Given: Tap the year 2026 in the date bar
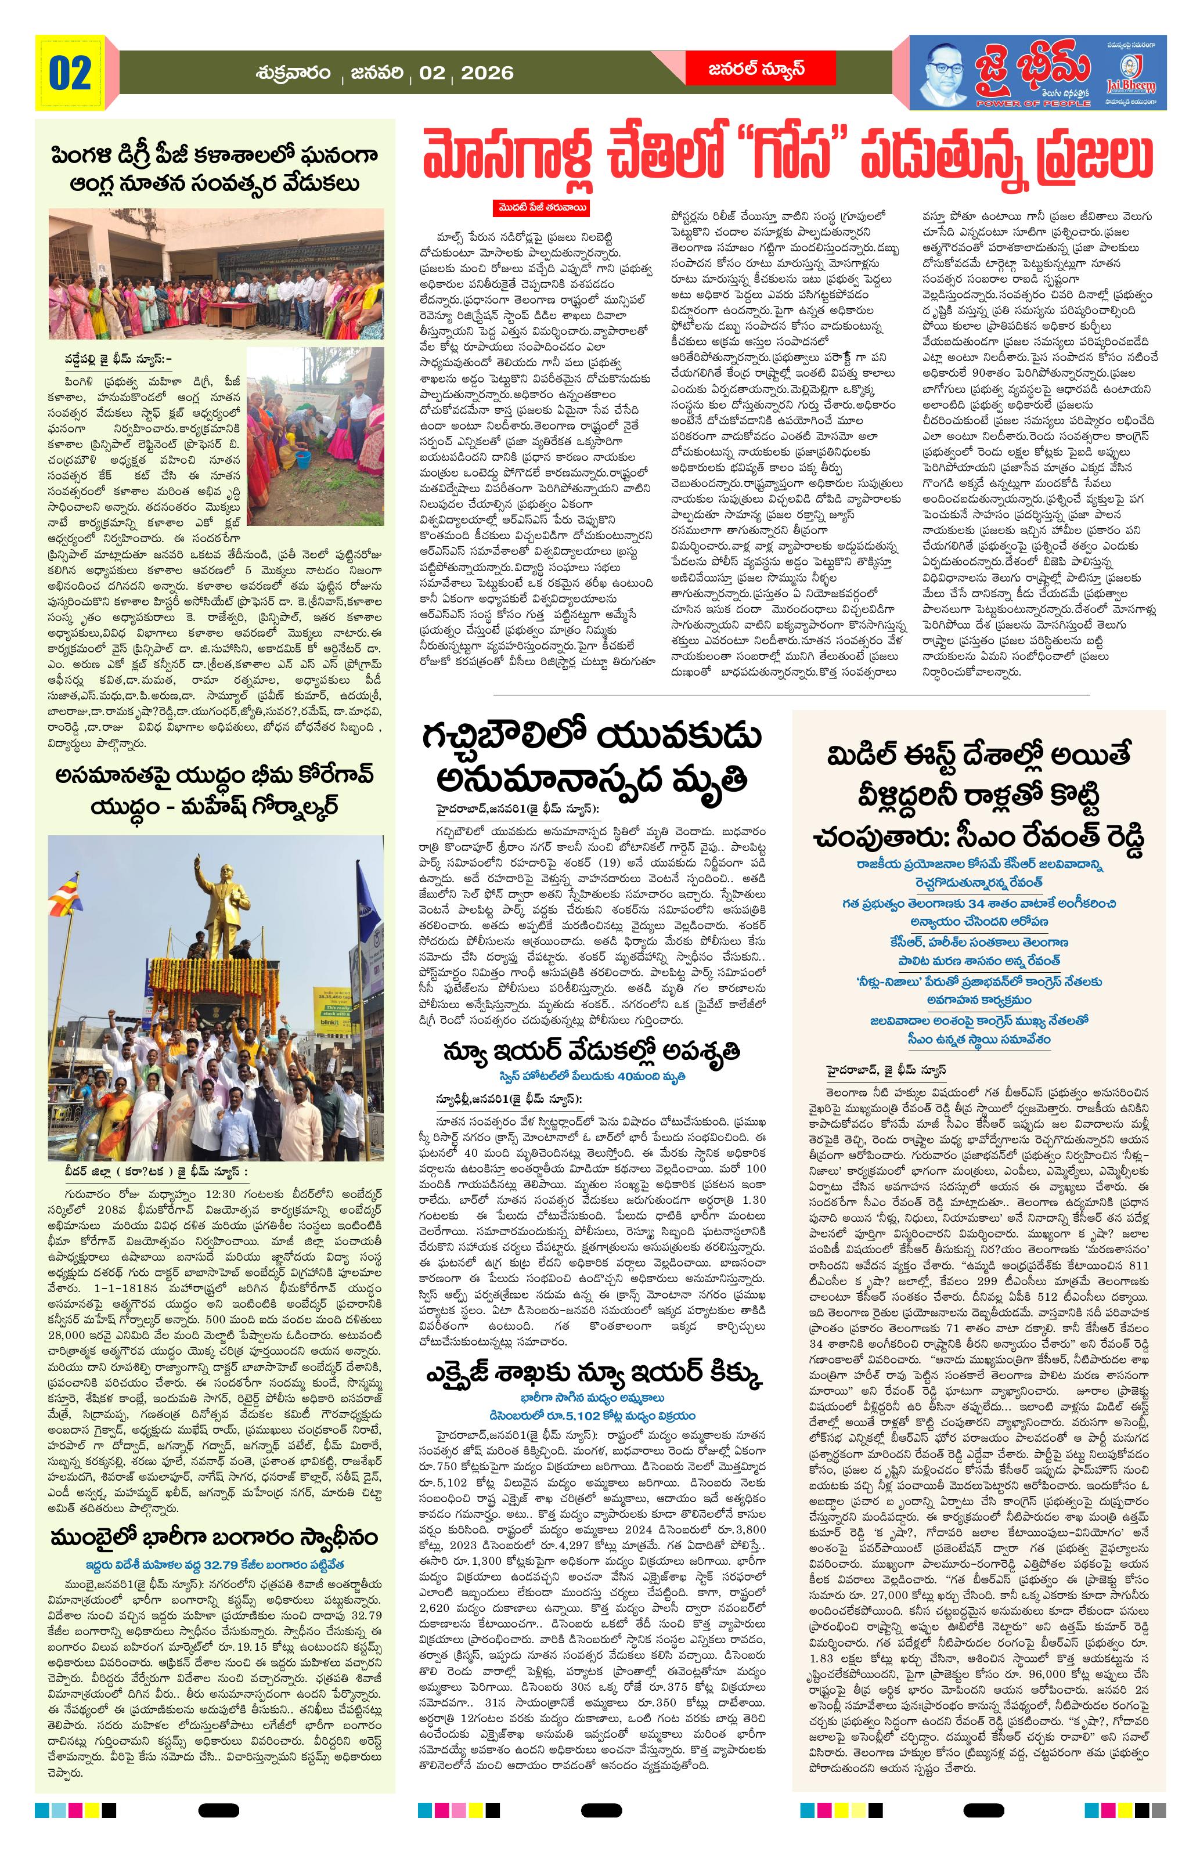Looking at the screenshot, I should tap(487, 73).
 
